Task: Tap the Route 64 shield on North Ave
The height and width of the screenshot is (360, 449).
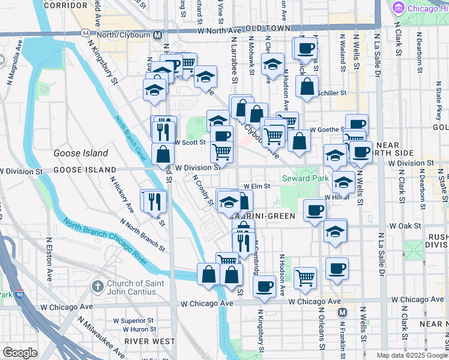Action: (87, 32)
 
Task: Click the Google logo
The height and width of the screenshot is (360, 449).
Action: (20, 353)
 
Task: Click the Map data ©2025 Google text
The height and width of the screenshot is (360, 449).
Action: (411, 355)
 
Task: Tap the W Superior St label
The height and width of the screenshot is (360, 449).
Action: (139, 320)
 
